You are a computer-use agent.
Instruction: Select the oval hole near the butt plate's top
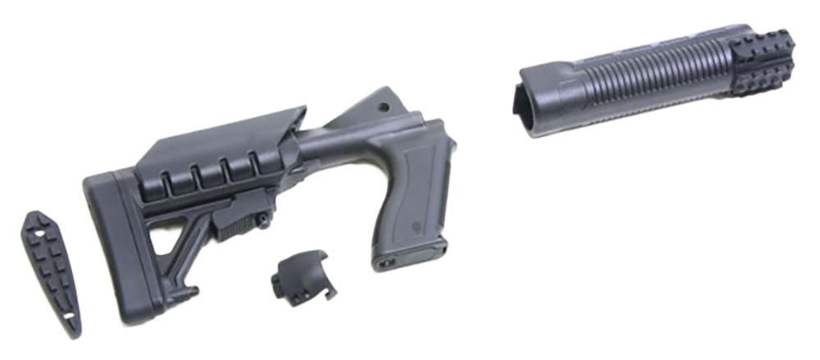[x=37, y=221]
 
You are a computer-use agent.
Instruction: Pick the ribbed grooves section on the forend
[x=648, y=78]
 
